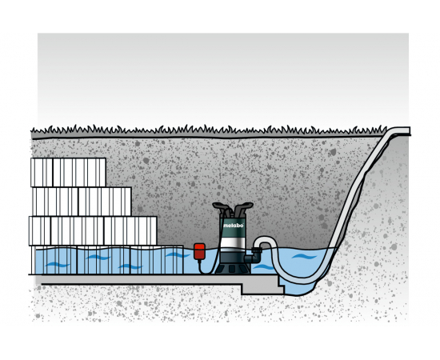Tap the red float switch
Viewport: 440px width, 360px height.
coord(199,251)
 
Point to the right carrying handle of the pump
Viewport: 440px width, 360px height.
coord(243,206)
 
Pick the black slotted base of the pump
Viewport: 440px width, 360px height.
coord(232,268)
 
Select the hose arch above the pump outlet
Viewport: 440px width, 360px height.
coord(264,239)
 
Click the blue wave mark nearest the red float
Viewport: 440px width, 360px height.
coord(178,254)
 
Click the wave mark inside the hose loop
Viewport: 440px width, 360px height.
coord(304,257)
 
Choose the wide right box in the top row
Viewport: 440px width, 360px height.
coord(79,172)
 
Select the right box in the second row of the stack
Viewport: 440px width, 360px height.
coord(104,202)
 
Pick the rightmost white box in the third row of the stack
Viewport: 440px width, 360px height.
coord(130,230)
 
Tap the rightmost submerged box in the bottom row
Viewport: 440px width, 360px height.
coord(157,259)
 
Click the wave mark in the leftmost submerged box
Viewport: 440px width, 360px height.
coord(58,264)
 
